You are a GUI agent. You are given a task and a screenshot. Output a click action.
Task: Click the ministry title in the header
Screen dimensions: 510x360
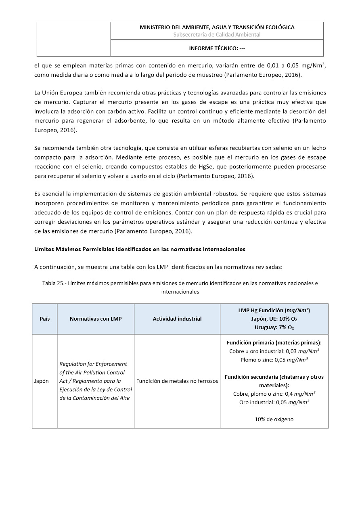click(x=217, y=27)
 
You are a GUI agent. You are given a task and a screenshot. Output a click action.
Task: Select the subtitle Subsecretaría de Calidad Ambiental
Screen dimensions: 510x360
click(x=217, y=35)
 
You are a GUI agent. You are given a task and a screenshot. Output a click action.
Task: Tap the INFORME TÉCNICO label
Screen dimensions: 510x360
click(x=217, y=48)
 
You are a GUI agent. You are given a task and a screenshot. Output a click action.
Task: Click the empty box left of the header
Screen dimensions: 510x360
click(x=74, y=39)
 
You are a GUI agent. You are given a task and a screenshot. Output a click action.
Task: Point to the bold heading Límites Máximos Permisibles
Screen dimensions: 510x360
click(x=140, y=249)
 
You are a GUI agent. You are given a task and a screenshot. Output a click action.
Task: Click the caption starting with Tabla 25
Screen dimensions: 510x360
click(x=180, y=287)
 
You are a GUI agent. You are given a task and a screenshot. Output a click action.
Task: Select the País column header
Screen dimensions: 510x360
click(x=45, y=319)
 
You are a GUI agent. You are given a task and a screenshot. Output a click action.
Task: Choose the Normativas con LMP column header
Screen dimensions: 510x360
click(x=96, y=319)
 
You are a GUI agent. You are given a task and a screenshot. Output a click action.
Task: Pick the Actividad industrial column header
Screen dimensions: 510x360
click(x=177, y=319)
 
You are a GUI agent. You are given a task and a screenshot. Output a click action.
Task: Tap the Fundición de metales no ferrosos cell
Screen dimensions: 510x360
click(x=177, y=381)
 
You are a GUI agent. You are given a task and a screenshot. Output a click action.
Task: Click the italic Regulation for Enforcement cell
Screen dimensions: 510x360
click(x=96, y=381)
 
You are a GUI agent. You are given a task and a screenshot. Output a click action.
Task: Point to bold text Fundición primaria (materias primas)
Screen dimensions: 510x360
click(x=274, y=342)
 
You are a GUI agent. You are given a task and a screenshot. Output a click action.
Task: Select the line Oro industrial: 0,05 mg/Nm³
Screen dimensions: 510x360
click(x=274, y=402)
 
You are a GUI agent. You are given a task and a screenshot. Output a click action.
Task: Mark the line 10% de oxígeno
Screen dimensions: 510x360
click(x=274, y=419)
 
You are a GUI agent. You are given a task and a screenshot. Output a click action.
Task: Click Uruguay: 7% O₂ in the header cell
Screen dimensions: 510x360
click(x=274, y=327)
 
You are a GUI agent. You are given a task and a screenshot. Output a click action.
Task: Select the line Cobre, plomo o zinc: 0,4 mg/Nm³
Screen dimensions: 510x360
click(x=274, y=394)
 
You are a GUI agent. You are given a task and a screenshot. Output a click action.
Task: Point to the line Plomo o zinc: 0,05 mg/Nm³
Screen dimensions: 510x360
click(x=274, y=359)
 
